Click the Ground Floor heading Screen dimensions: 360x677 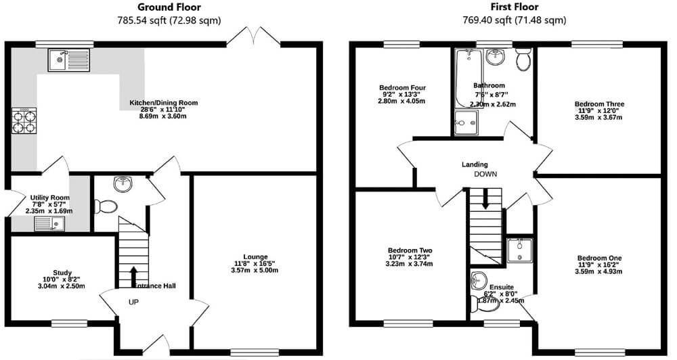(169, 7)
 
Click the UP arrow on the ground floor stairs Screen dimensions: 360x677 (133, 276)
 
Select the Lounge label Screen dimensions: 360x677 (256, 256)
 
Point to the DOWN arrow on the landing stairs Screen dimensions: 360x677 (485, 198)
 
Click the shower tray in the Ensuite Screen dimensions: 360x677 (519, 250)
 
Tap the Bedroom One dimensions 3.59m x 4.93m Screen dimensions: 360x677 (599, 272)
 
